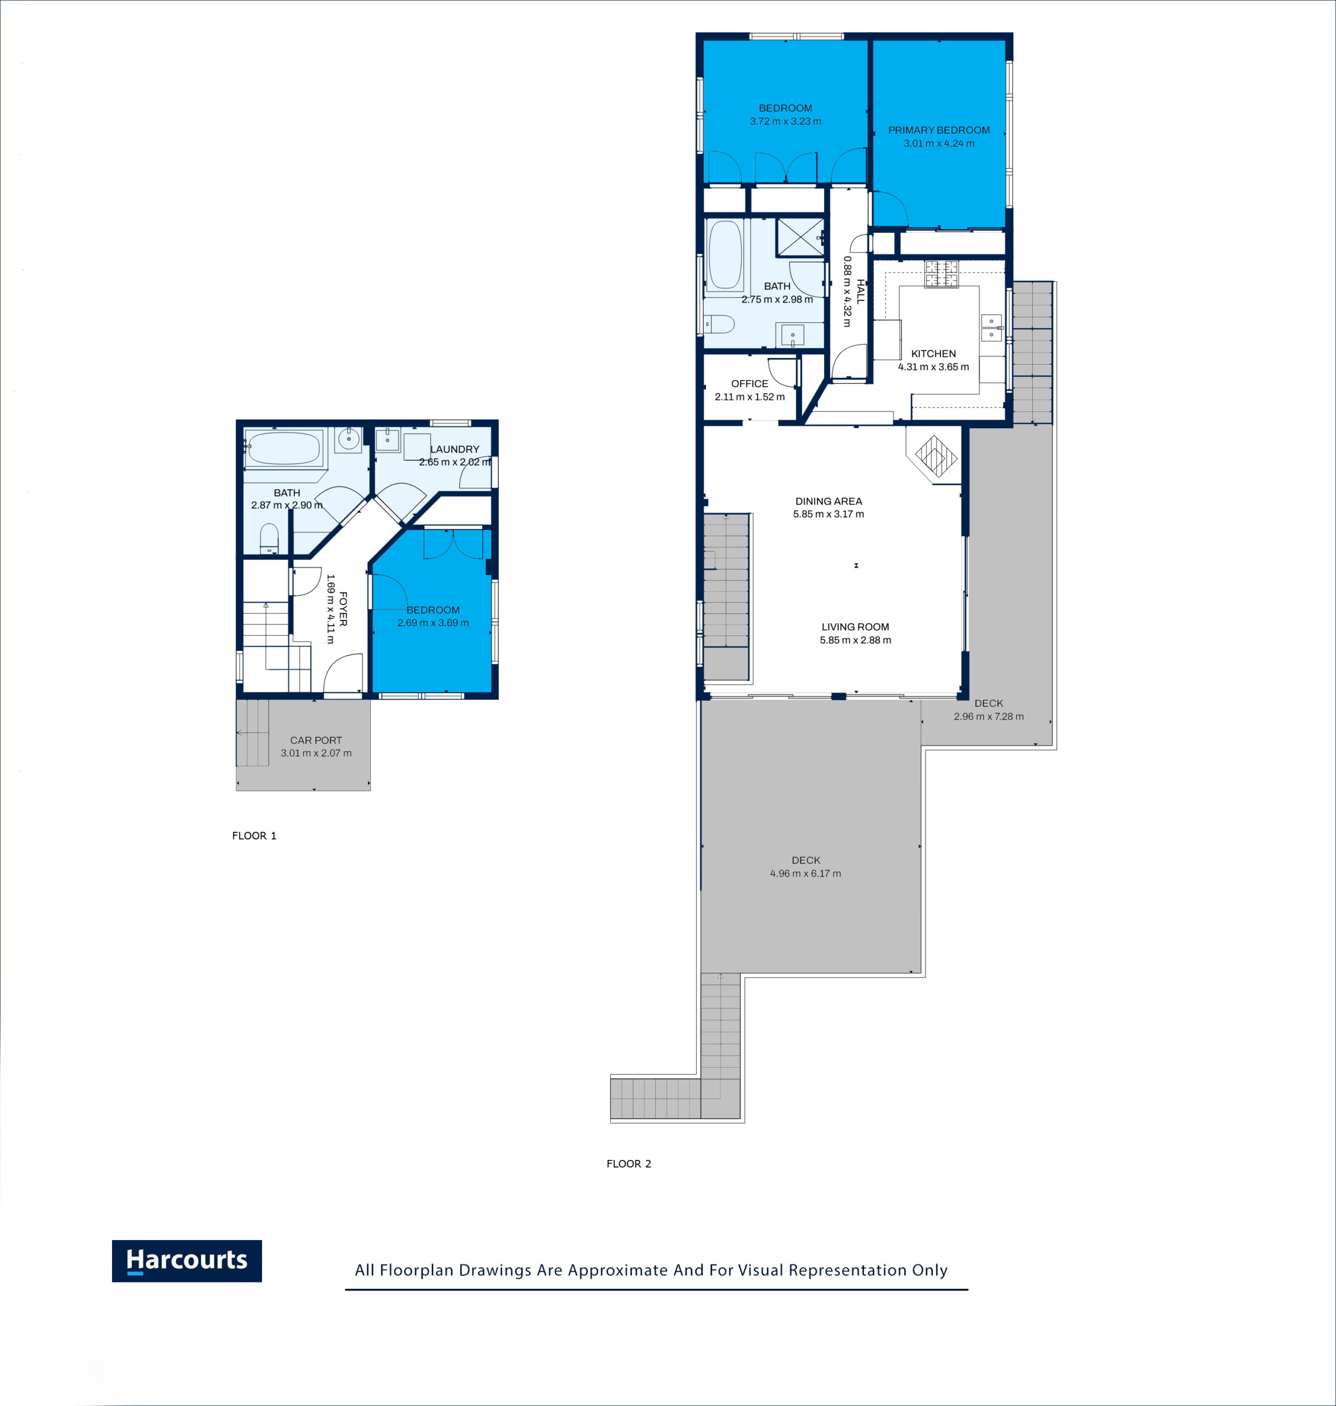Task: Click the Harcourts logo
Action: [x=187, y=1261]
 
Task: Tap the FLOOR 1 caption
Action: [x=254, y=836]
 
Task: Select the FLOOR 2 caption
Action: [x=629, y=1164]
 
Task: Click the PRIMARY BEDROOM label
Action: [x=939, y=130]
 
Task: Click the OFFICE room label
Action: [x=750, y=384]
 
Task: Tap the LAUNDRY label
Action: [x=454, y=449]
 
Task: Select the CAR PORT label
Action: [x=315, y=740]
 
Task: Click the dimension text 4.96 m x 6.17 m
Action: [x=805, y=873]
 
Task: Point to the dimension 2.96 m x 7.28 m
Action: [x=988, y=716]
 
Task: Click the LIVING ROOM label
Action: [x=855, y=627]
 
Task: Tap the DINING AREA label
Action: [x=828, y=501]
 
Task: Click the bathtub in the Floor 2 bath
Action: [x=726, y=255]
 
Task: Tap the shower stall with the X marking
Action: [x=800, y=238]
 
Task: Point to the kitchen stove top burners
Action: [x=942, y=274]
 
